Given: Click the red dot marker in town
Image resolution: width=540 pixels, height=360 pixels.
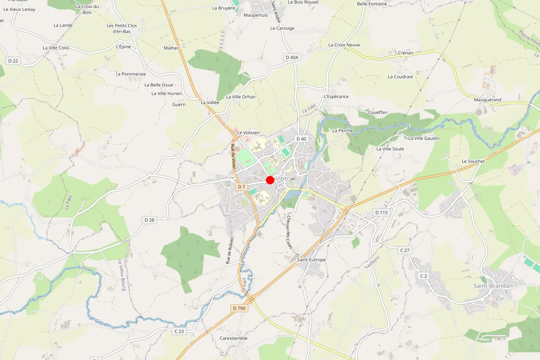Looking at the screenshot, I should point(270,180).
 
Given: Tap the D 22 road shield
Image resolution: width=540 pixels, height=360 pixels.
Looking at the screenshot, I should point(13,61).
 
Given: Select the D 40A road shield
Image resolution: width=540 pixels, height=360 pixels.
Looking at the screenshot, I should point(292,57).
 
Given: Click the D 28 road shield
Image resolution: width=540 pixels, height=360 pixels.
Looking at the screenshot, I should point(149,220).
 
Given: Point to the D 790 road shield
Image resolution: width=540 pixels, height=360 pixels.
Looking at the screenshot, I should point(239,308).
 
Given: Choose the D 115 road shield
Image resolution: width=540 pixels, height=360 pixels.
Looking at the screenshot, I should point(381,212).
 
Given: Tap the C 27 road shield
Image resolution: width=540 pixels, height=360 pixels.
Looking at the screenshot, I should point(405,250).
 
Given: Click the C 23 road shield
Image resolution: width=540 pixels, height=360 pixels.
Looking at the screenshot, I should point(179,331).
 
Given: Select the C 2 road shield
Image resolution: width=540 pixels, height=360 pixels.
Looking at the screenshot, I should point(423,275).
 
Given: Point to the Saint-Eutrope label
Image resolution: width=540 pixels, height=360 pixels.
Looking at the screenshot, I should point(311,260).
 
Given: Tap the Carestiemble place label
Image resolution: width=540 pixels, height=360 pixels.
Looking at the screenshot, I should point(234,338).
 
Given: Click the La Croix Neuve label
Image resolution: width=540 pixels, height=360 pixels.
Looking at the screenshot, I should point(344,45).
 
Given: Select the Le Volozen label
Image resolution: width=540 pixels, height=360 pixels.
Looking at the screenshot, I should point(248,133).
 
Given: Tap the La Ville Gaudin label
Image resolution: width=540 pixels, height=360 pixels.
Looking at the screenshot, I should point(424,138).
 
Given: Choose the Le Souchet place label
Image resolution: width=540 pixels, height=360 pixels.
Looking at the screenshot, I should point(473,161).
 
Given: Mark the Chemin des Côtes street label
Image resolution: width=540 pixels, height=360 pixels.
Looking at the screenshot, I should point(289,232).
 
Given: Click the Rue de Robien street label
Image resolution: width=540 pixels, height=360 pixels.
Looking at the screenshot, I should point(230,250).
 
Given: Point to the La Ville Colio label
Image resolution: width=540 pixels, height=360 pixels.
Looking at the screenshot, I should point(56,48).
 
